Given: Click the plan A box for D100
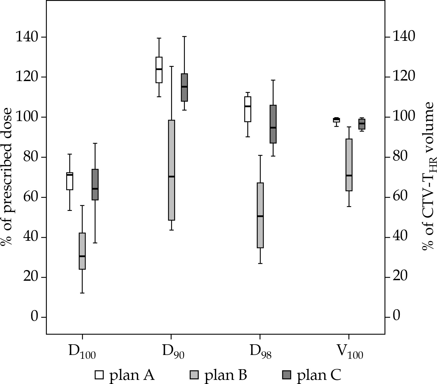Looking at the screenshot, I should (70, 181).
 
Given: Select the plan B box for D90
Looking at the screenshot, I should (171, 170).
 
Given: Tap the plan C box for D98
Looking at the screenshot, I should (273, 124).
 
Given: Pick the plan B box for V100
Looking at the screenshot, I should (349, 165).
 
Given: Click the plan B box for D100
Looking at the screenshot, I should (82, 251).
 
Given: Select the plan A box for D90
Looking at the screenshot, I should (159, 70).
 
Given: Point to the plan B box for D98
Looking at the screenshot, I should (260, 215).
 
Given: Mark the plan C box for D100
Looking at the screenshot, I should (95, 185).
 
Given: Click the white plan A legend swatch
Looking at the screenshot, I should (99, 375).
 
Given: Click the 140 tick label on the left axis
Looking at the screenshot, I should (27, 37).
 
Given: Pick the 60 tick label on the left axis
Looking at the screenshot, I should (31, 197).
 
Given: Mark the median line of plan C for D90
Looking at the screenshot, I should (184, 87).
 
